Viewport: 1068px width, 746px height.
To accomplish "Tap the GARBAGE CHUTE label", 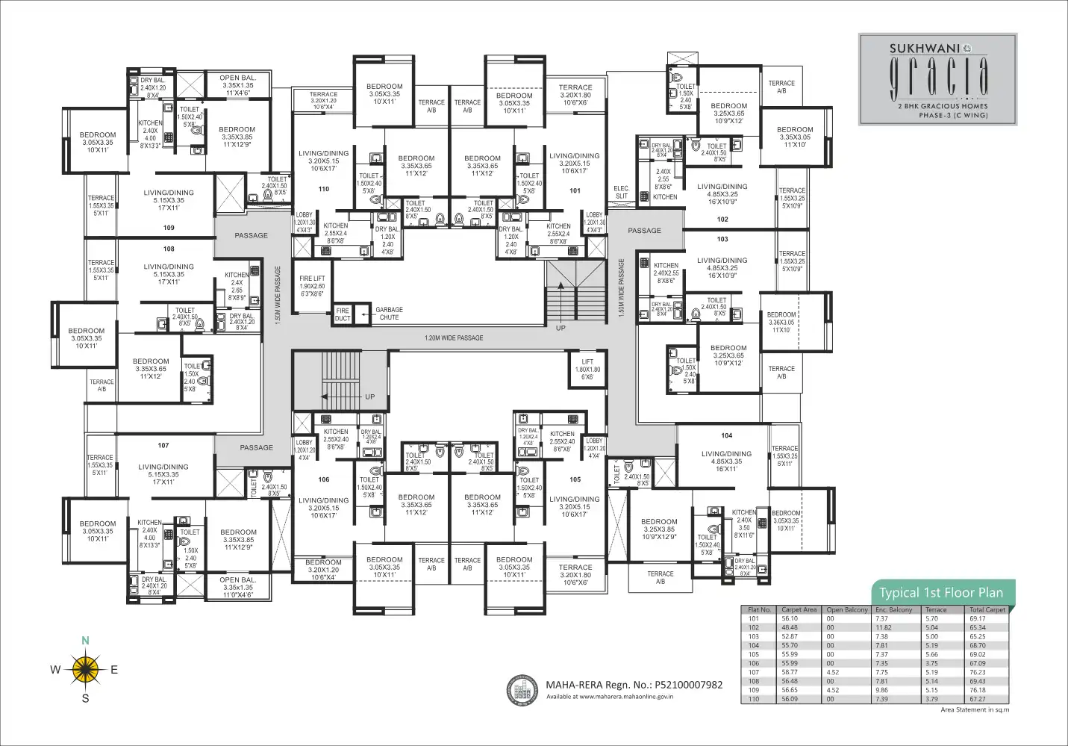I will click(389, 314).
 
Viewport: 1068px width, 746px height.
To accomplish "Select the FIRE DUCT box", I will click(343, 314).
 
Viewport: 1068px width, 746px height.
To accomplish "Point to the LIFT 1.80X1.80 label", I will click(587, 369).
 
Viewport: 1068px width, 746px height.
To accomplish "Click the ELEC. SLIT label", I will click(621, 193).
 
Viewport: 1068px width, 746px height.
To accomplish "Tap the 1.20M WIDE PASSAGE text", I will click(454, 338).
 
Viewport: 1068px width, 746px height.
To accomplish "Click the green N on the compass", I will click(85, 641).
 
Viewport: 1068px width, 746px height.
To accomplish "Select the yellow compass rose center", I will click(86, 669).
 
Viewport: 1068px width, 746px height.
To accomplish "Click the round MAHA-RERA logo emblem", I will click(522, 690).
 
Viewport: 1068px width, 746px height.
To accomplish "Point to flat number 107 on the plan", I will click(163, 446).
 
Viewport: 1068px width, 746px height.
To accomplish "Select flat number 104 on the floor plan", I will click(726, 435).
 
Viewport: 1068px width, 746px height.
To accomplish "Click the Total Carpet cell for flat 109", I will click(978, 690).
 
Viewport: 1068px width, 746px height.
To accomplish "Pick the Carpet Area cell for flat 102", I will click(790, 627).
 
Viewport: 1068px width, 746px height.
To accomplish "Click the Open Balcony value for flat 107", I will click(833, 672).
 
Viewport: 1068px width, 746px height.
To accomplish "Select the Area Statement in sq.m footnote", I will click(974, 710).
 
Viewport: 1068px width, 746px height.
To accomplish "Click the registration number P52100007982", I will click(688, 685).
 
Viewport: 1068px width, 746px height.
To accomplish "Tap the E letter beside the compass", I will click(114, 670).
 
